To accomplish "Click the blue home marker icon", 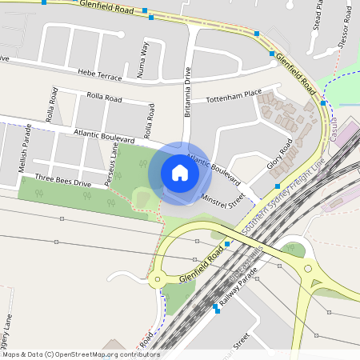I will click(x=180, y=173).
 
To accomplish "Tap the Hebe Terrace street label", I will click(x=100, y=74).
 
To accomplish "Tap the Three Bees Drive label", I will click(x=63, y=179).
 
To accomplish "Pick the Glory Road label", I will click(x=280, y=154).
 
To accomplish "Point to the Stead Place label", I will click(x=318, y=15).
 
